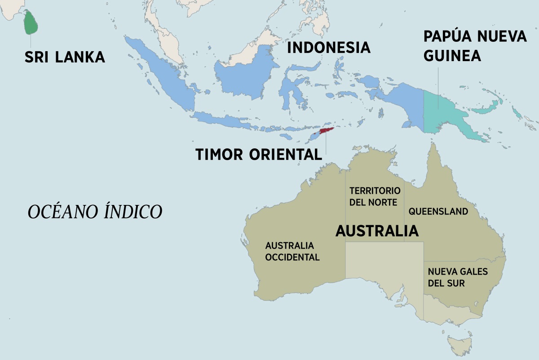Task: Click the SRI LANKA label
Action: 65,57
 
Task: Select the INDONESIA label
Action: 328,47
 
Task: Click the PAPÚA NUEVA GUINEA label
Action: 475,46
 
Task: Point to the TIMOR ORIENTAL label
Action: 259,154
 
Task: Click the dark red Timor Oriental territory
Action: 326,132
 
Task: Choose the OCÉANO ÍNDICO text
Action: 95,212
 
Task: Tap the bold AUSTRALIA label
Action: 377,231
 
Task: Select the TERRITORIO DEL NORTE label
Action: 374,196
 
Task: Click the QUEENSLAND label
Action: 438,211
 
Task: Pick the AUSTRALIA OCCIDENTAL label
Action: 292,252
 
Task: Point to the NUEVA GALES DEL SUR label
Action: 457,278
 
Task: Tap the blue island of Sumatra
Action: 162,72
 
